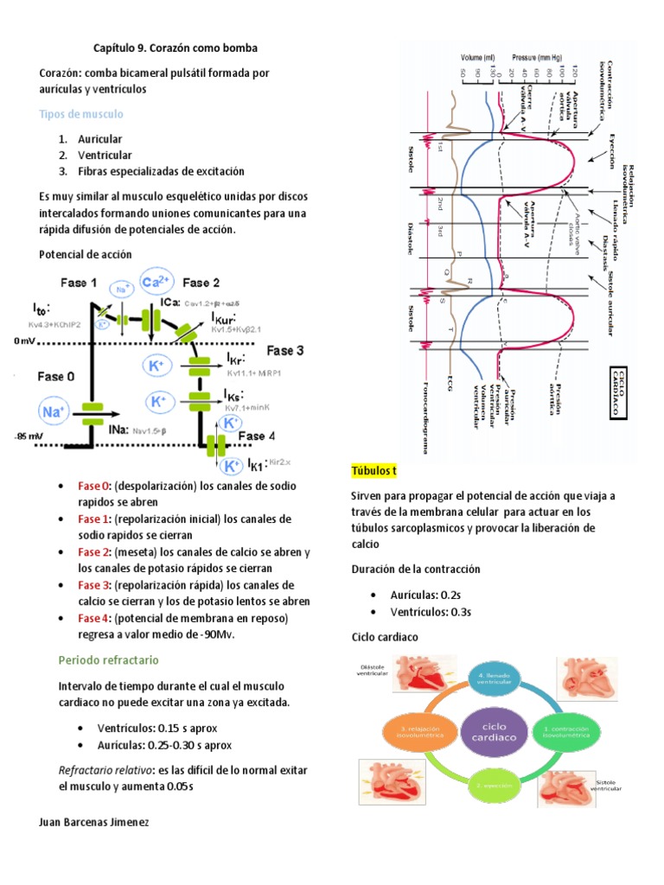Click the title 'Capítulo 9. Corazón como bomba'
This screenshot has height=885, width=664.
click(x=175, y=48)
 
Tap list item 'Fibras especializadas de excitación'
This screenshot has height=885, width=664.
click(x=161, y=171)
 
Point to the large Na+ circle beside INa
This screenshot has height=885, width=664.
click(x=54, y=412)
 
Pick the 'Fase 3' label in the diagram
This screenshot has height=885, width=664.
click(x=284, y=351)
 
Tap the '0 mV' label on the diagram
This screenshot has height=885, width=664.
click(x=26, y=341)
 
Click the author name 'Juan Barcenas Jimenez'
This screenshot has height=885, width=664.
click(x=94, y=822)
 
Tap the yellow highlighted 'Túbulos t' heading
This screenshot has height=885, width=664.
click(x=373, y=471)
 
